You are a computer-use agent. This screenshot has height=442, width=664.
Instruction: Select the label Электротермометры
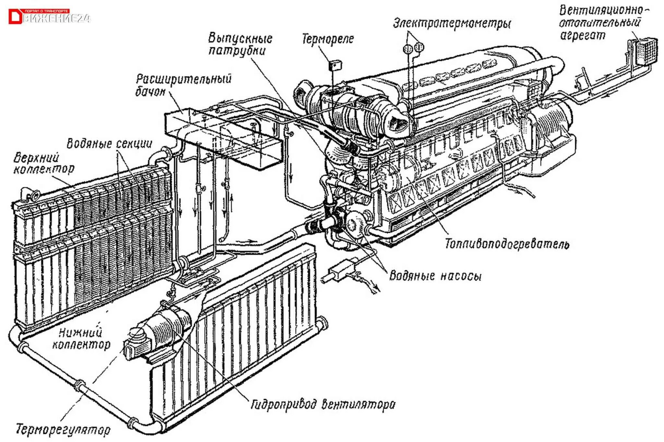(x=452, y=24)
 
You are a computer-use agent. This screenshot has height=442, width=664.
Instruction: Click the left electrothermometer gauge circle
(x=408, y=48)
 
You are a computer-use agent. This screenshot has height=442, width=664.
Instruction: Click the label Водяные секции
(x=109, y=144)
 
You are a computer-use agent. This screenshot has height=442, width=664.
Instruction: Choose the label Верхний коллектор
(x=43, y=164)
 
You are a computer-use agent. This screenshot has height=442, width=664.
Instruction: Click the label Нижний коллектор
(x=81, y=338)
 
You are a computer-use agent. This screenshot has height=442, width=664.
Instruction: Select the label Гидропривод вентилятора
(x=323, y=404)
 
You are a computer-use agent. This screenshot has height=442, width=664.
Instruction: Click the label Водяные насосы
(x=435, y=276)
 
